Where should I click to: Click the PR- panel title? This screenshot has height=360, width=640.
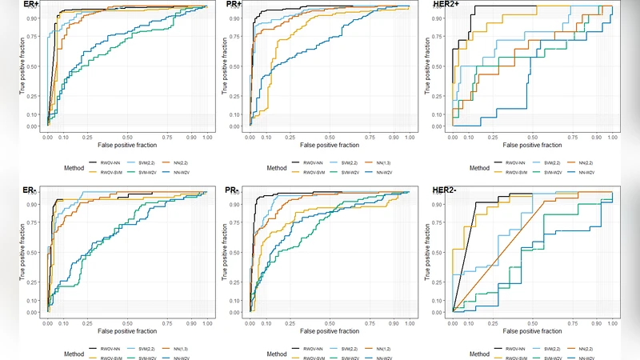tap(234, 190)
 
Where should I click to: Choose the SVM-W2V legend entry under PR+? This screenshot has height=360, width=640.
tap(345, 172)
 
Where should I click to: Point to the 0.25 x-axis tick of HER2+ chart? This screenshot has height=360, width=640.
tap(492, 138)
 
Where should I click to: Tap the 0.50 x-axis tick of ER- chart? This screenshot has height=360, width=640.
tap(127, 323)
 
